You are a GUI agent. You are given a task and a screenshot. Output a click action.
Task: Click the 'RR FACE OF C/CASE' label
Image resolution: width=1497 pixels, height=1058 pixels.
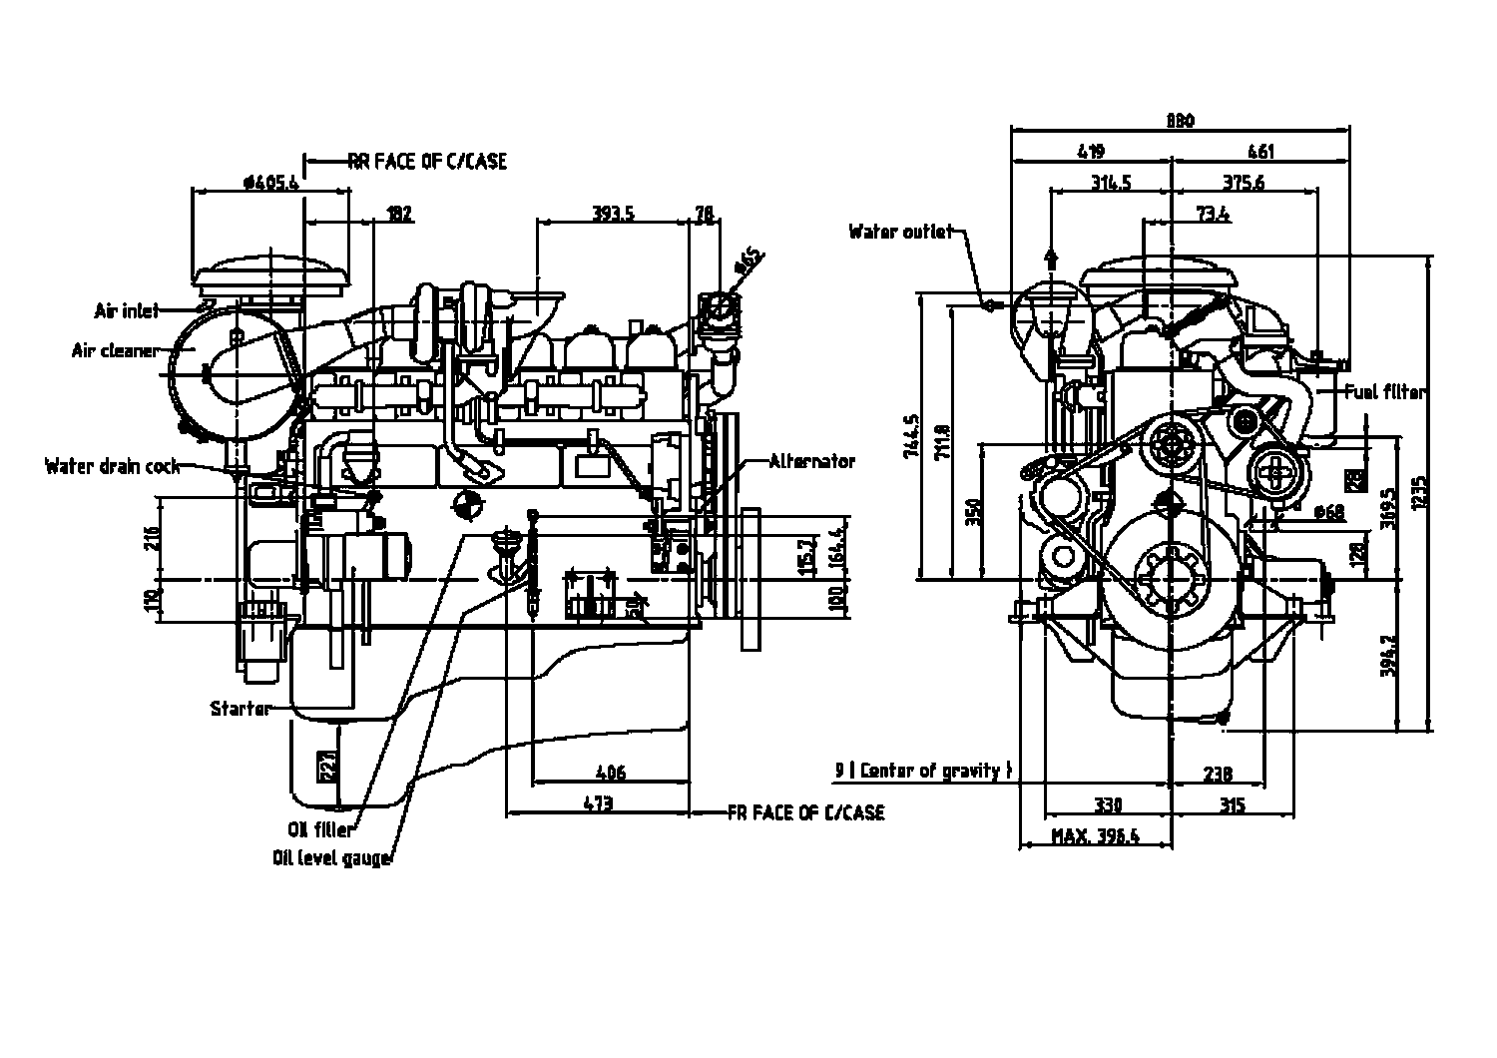[427, 161]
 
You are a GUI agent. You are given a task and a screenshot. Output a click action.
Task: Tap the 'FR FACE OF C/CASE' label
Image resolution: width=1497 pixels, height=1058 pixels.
[806, 813]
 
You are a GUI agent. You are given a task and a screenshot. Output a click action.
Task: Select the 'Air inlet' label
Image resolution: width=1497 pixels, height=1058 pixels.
[127, 311]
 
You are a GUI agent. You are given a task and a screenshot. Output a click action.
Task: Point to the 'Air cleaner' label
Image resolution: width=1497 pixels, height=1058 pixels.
[115, 350]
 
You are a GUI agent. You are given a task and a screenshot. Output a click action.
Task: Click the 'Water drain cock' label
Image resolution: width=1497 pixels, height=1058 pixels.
[113, 466]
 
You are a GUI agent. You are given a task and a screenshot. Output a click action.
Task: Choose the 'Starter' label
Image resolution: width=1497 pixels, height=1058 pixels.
[241, 709]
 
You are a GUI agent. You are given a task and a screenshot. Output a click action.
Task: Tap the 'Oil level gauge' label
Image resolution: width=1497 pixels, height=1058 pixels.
[331, 858]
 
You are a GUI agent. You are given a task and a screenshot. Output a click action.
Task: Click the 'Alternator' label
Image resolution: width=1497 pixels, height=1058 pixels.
[812, 461]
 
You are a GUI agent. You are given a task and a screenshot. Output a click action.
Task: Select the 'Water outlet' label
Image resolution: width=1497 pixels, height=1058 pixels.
[900, 232]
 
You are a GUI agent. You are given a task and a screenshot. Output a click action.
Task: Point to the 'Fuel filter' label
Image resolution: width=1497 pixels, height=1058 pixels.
[1385, 392]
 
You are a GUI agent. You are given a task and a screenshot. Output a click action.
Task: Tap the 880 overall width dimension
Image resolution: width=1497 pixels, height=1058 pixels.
[1180, 122]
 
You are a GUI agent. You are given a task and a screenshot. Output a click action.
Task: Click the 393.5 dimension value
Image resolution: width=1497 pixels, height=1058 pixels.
[614, 213]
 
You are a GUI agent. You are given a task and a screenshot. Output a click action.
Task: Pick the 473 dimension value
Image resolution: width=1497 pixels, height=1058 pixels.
[598, 803]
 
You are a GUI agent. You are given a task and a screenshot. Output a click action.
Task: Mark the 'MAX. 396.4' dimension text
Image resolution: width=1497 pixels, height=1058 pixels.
[1095, 836]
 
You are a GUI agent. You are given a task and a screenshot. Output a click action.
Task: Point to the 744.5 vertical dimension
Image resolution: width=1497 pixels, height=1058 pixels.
[909, 437]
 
